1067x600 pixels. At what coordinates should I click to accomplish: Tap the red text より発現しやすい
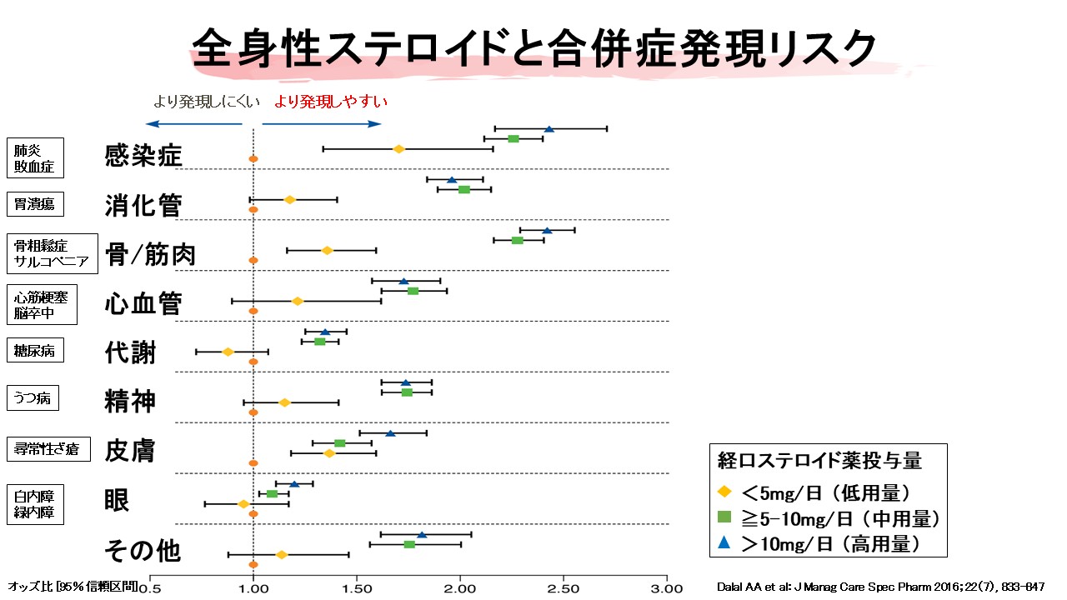tap(331, 101)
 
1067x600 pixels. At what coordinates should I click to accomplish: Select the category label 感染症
tap(143, 155)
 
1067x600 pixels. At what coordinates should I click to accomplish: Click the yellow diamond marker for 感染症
tap(398, 148)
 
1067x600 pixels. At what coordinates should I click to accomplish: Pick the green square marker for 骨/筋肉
tap(517, 240)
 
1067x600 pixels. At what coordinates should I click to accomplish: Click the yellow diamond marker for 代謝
tap(228, 352)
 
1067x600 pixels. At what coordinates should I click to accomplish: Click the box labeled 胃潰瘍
tap(35, 204)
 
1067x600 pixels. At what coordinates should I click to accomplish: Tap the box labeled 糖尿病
tap(35, 351)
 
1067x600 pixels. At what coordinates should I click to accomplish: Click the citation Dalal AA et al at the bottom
tap(879, 587)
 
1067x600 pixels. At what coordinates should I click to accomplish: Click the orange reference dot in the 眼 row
tap(253, 514)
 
